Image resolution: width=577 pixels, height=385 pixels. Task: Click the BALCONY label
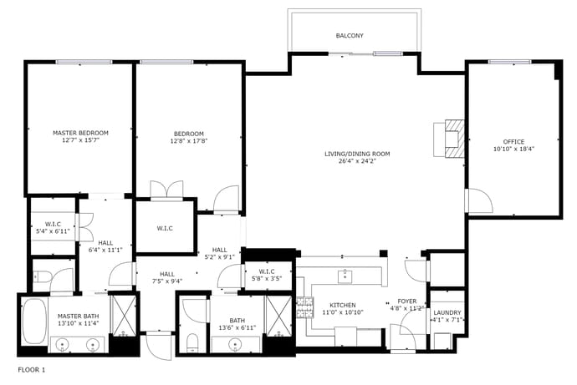[x=350, y=36]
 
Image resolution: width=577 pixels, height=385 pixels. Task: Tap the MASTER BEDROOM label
[x=80, y=133]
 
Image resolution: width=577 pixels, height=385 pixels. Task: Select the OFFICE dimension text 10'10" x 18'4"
[x=513, y=149]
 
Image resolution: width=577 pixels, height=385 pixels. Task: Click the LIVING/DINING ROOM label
[x=357, y=154]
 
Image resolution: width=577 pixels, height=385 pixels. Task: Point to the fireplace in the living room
[x=454, y=139]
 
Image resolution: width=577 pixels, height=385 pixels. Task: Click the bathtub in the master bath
[x=33, y=322]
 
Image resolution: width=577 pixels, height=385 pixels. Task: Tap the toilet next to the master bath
[x=40, y=276]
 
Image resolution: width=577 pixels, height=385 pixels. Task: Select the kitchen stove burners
[x=305, y=307]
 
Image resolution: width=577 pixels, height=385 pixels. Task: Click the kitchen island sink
[x=345, y=276]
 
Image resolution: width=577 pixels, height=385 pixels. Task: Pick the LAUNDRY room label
[x=447, y=312]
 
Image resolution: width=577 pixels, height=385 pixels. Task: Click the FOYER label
[x=407, y=301]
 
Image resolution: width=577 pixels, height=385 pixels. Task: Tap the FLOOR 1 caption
[x=31, y=370]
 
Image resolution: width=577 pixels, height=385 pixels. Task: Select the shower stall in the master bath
[x=124, y=315]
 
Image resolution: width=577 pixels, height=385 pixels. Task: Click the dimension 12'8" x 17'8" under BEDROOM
[x=189, y=140]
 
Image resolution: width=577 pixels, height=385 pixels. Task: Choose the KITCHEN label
[x=343, y=306]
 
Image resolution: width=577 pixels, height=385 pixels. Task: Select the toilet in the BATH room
[x=192, y=342]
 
